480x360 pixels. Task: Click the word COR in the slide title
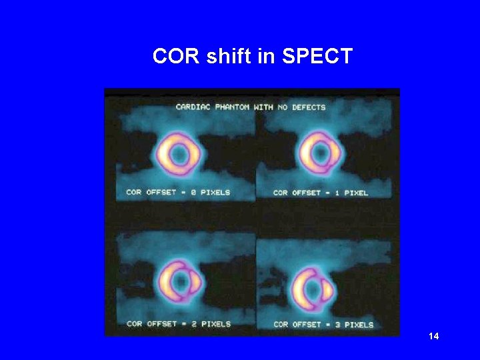177,57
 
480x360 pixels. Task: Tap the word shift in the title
230,57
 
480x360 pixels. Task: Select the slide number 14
434,336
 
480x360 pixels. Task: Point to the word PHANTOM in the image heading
235,107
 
